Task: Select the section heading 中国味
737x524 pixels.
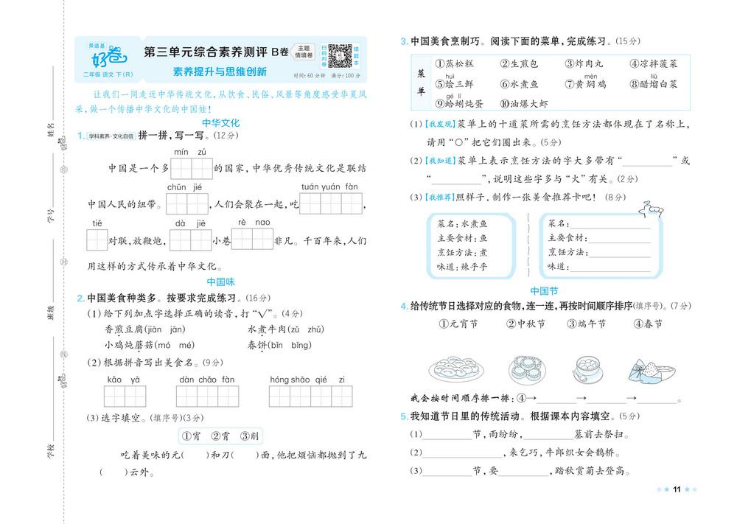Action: [x=220, y=282]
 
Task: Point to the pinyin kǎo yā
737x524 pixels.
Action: [x=123, y=380]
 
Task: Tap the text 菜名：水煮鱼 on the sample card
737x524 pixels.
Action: [x=462, y=224]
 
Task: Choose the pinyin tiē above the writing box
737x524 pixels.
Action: [x=97, y=223]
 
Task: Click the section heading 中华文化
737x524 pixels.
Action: [x=220, y=123]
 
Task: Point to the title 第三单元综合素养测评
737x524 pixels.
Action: [x=206, y=52]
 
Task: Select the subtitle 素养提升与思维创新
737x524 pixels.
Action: [x=220, y=72]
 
